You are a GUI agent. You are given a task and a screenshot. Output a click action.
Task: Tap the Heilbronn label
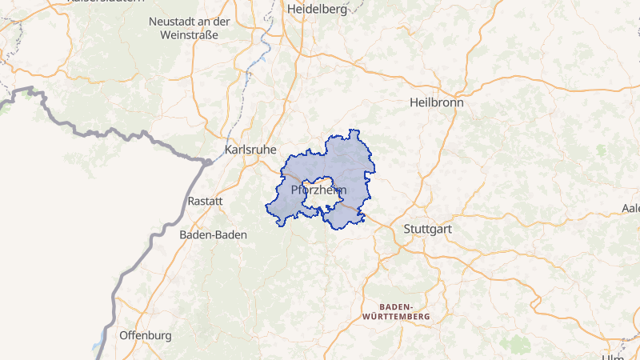coord(436,102)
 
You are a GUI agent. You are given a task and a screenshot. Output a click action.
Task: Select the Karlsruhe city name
coord(251,150)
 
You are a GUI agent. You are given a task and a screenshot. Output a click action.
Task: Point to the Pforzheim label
coord(318,190)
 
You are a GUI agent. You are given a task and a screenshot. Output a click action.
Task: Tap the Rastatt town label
coord(204,201)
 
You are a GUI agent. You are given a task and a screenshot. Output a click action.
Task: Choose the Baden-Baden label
coord(213,235)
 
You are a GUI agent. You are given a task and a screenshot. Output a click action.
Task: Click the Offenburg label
coord(145,335)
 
